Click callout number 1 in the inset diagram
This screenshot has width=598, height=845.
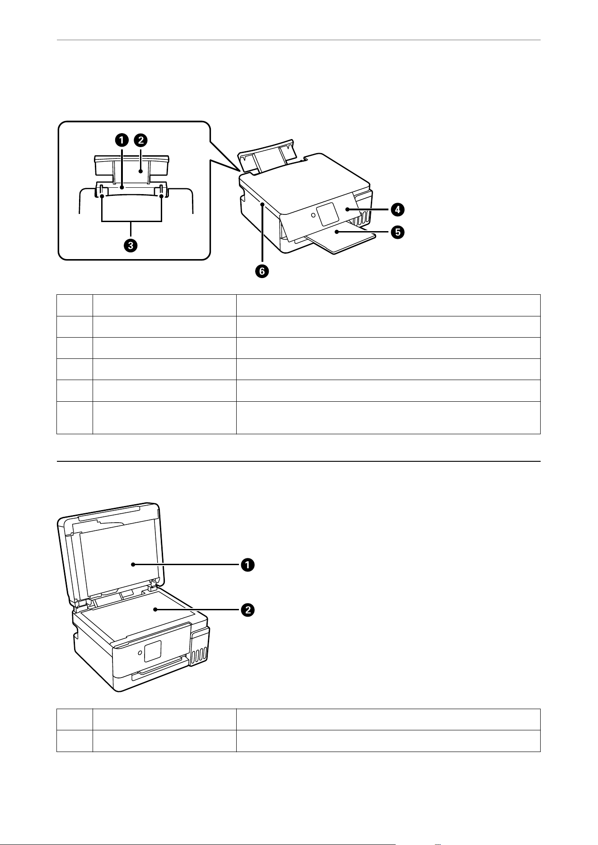coord(121,140)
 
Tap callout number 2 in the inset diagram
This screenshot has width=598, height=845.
coord(141,140)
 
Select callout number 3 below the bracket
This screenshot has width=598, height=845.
coord(131,246)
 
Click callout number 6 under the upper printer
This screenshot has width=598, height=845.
coord(262,271)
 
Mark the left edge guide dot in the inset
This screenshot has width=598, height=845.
coord(102,195)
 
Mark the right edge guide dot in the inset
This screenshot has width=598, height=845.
coord(161,195)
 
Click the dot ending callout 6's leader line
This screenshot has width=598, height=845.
coord(262,205)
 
